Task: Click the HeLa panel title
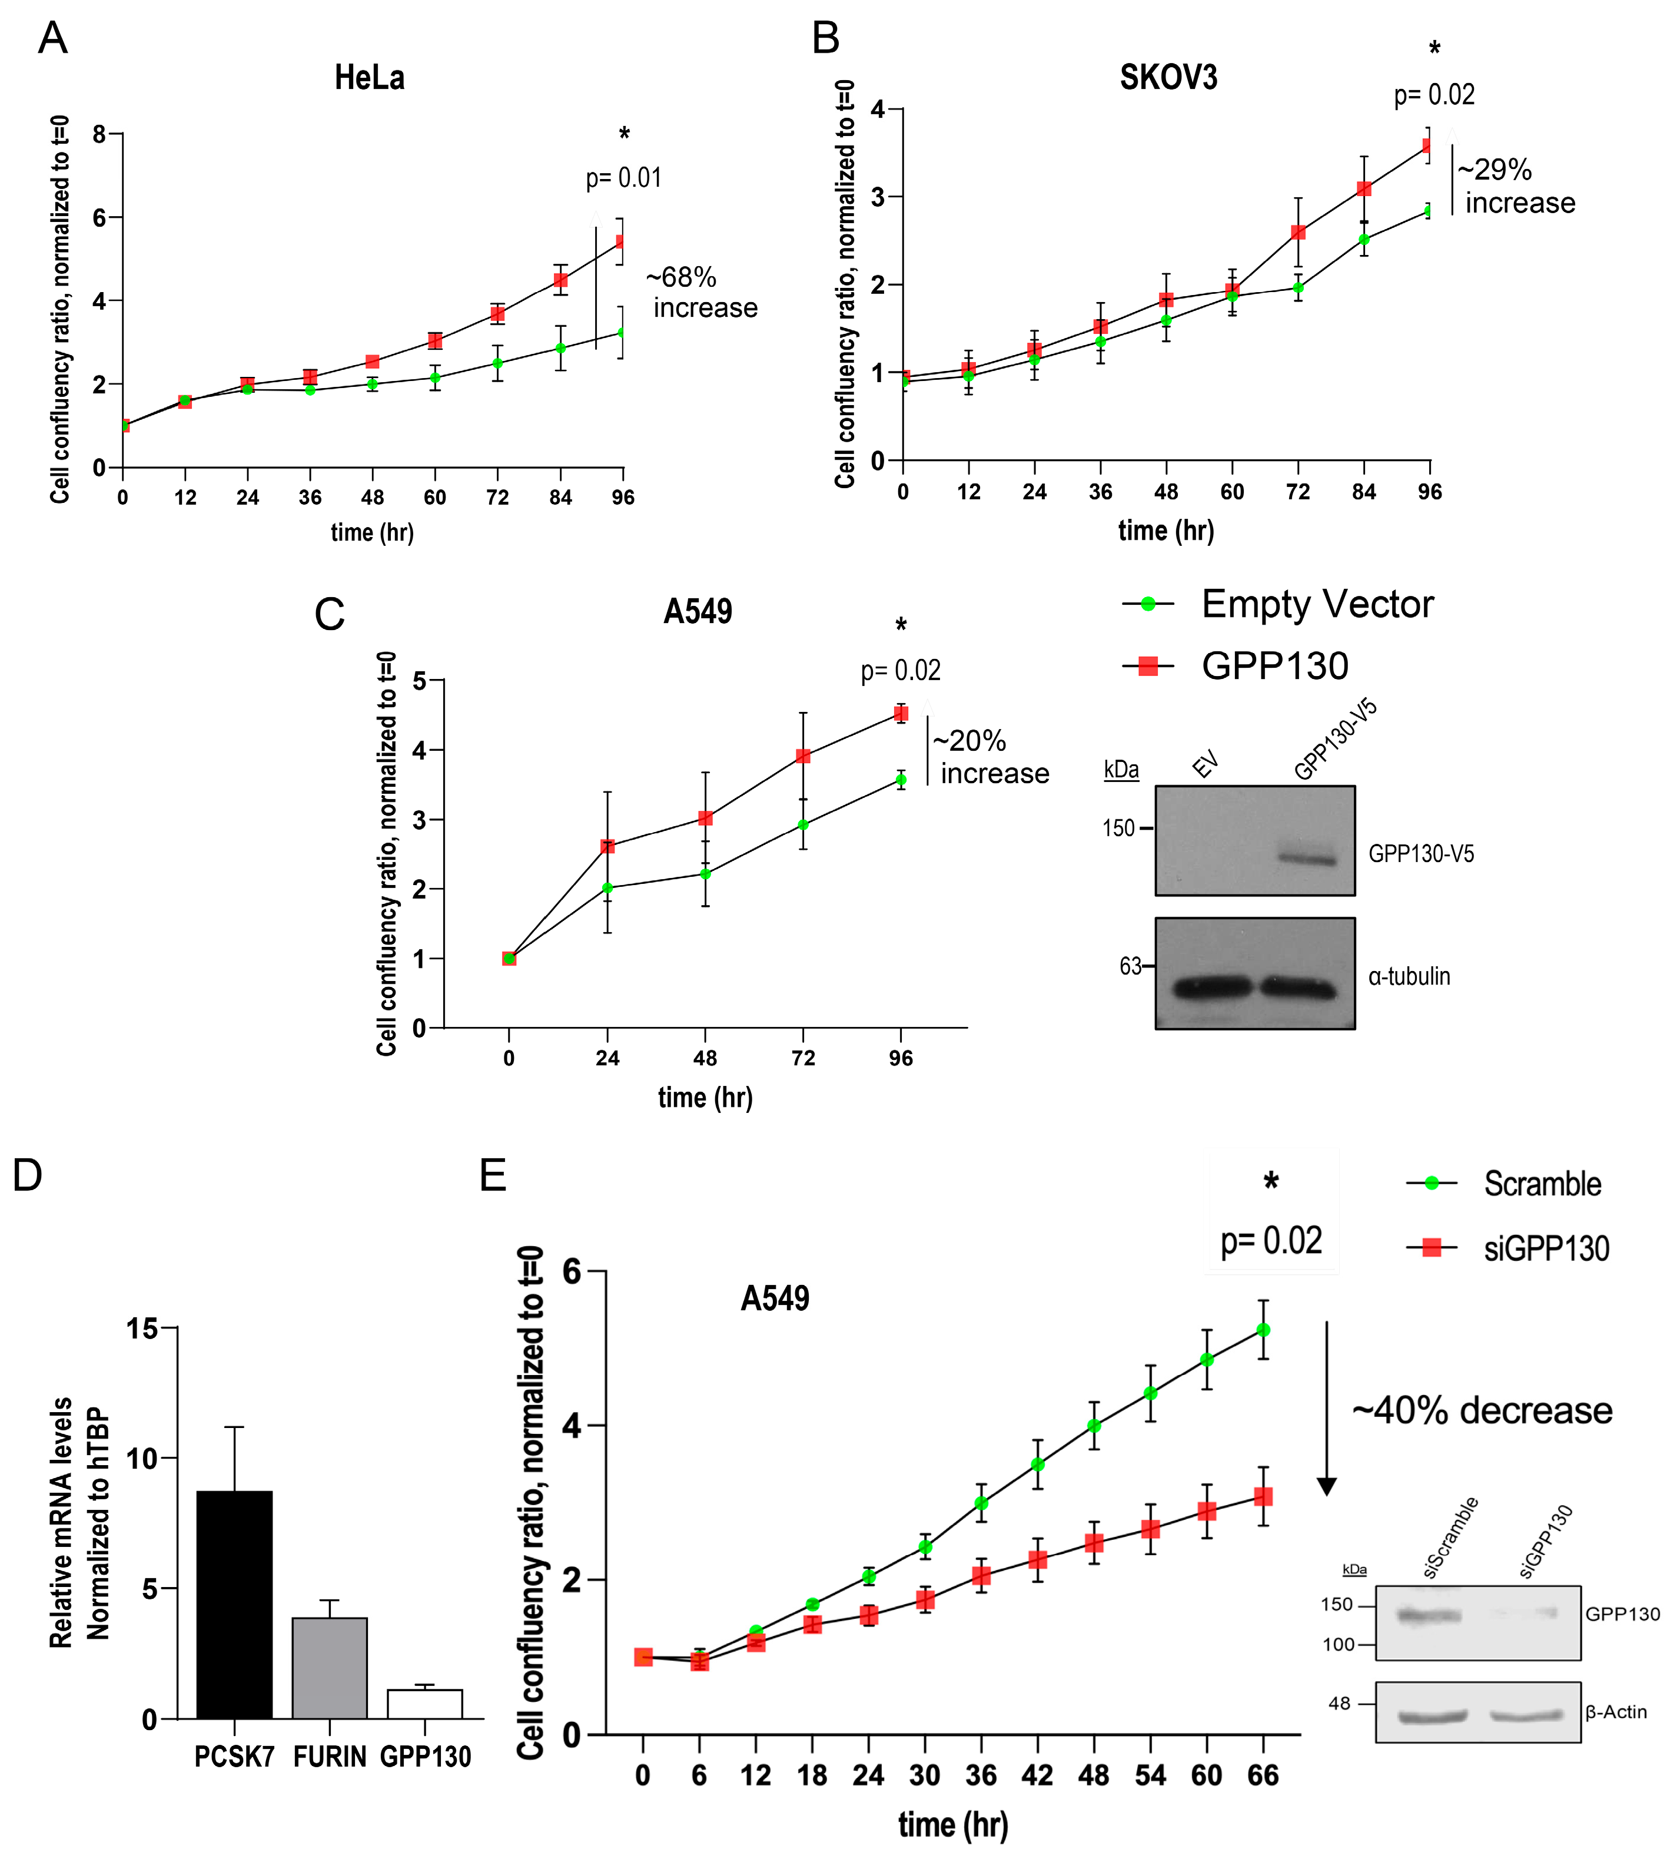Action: (369, 78)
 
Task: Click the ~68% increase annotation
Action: (703, 292)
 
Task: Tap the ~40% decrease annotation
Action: (1482, 1410)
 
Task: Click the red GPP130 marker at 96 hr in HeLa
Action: (622, 241)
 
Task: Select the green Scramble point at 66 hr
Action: (1263, 1330)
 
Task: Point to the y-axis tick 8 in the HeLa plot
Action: (99, 134)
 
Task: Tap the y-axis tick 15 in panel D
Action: (142, 1328)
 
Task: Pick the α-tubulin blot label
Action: (1409, 976)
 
